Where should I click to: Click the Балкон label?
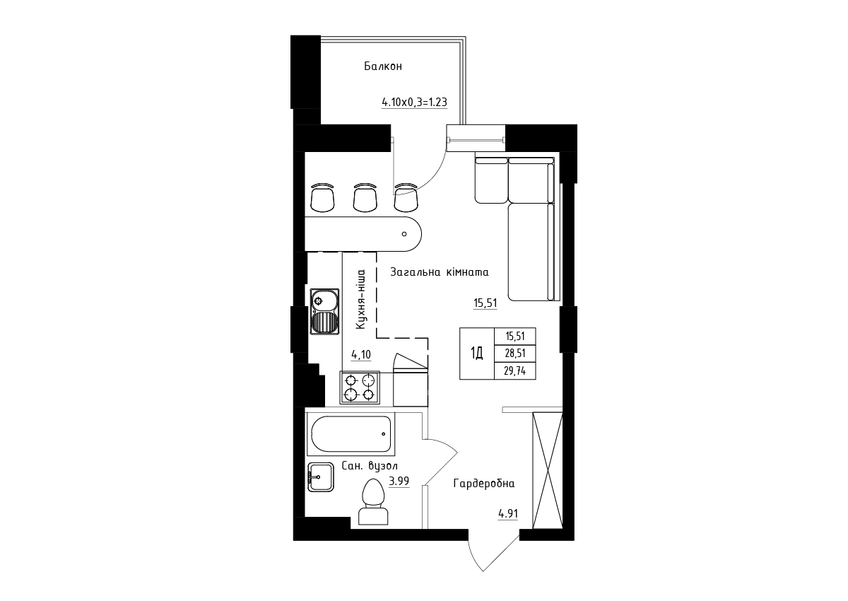[383, 66]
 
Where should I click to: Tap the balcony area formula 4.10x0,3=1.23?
[415, 103]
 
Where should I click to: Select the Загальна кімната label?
[439, 272]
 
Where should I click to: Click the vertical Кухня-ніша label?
[361, 299]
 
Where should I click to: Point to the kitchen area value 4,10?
[361, 355]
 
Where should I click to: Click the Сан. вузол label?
[370, 465]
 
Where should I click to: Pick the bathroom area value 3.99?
[399, 481]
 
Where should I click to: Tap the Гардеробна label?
[484, 483]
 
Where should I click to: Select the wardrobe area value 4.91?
[507, 514]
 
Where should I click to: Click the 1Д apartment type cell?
[477, 354]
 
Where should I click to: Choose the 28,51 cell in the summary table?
[515, 354]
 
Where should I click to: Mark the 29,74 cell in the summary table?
[515, 370]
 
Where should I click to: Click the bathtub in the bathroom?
[351, 434]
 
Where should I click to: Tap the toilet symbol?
[373, 502]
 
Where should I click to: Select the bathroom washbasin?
[321, 477]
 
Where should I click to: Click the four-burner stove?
[360, 387]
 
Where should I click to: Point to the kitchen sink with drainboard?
[325, 311]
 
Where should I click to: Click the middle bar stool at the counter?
[365, 198]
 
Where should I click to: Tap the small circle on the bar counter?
[404, 234]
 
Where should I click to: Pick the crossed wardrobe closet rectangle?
[548, 470]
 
